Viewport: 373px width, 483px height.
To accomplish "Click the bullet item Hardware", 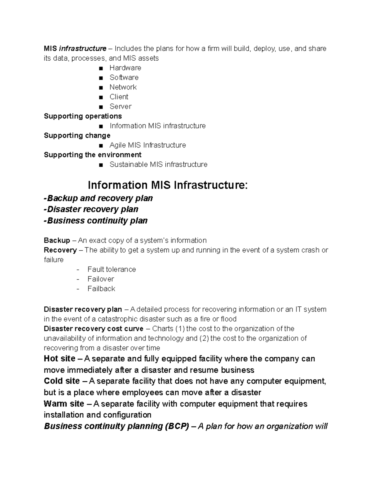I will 125,68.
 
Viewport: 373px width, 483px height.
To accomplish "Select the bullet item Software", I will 124,77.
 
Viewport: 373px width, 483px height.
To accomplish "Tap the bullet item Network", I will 123,87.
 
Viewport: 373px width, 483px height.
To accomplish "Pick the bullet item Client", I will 119,97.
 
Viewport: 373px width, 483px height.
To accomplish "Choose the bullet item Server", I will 120,106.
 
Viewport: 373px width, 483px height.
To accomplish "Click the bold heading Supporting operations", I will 83,116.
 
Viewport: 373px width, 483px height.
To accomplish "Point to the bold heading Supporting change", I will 77,135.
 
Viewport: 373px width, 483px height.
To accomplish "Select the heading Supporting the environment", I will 93,155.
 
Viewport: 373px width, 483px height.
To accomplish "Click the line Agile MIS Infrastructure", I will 148,145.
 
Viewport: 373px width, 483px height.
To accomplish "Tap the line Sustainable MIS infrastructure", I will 158,164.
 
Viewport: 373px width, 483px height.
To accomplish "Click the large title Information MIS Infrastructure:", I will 168,185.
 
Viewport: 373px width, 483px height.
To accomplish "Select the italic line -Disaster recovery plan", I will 91,209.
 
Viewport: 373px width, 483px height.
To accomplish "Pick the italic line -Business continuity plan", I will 96,221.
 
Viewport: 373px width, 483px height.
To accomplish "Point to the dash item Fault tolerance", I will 112,269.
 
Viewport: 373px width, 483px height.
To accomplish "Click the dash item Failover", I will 101,279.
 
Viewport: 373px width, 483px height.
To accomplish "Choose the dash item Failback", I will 101,289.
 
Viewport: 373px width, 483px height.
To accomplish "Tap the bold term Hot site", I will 59,359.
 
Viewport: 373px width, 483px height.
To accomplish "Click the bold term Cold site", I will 62,381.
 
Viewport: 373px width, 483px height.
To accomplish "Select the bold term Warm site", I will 64,404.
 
